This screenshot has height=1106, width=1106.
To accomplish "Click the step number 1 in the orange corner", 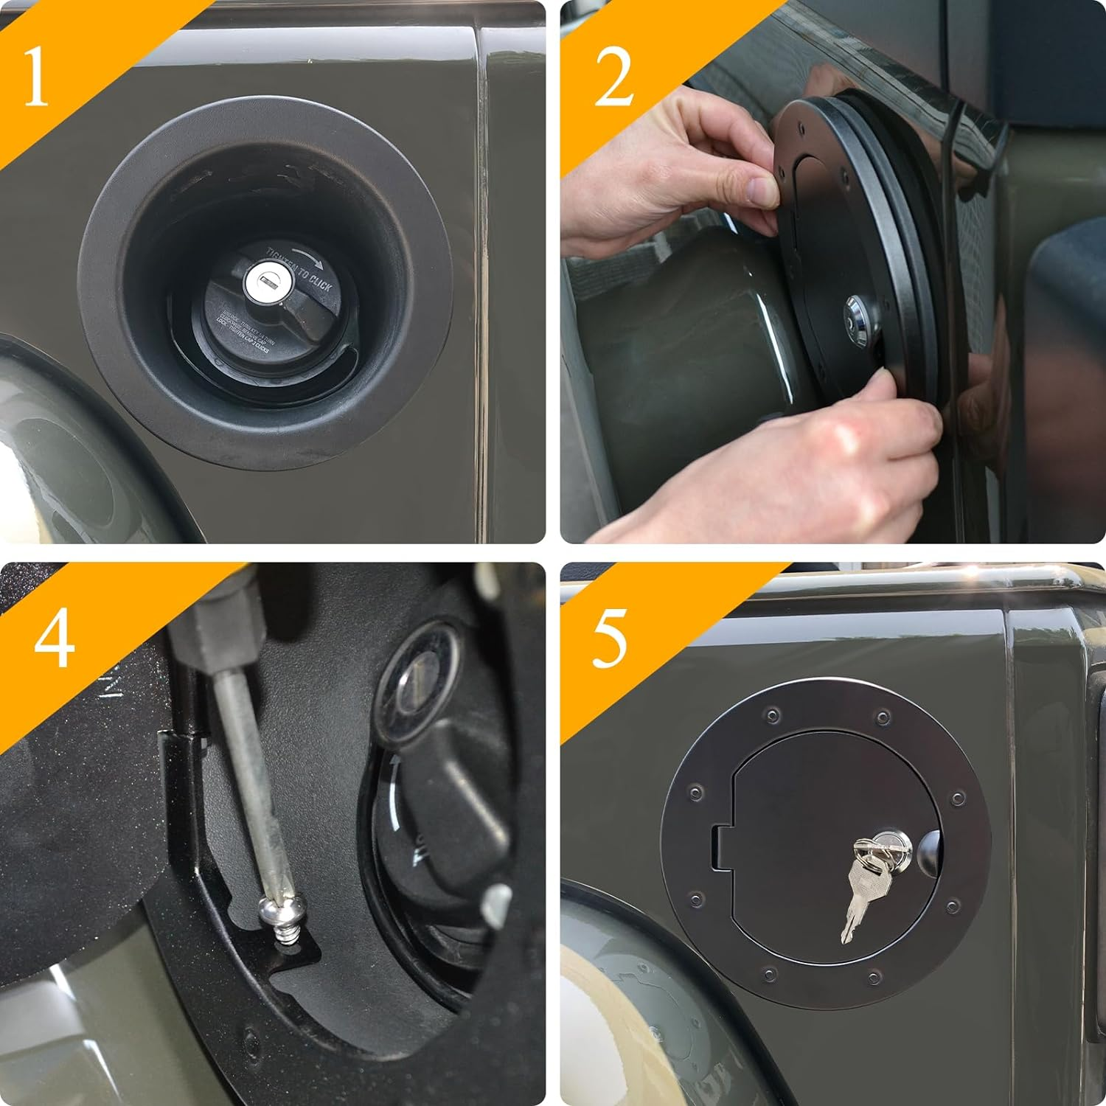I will (x=35, y=77).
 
